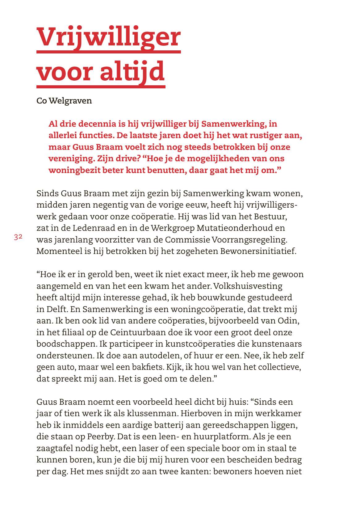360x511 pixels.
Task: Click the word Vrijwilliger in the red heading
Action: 108,37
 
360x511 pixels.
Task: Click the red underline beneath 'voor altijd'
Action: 101,87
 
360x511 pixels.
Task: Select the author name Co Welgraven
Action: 64,101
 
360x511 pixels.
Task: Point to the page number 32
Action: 18,237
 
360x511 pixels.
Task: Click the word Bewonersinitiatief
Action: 258,251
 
